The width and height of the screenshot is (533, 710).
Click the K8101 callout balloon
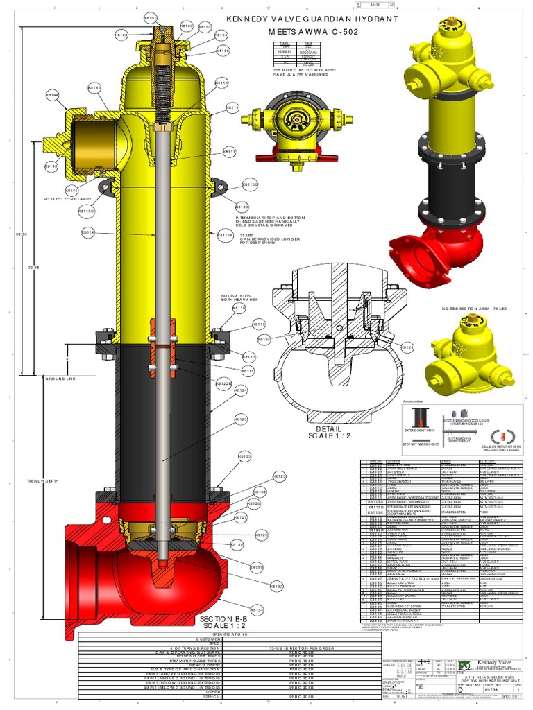[x=151, y=17]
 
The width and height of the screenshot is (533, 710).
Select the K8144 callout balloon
[x=52, y=95]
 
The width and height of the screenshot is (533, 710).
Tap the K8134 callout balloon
[x=257, y=610]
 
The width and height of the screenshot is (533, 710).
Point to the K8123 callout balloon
[x=241, y=419]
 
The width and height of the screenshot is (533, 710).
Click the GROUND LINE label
[x=60, y=379]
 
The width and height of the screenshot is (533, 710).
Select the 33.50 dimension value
[x=21, y=235]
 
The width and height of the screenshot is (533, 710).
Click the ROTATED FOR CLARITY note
[x=69, y=199]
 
